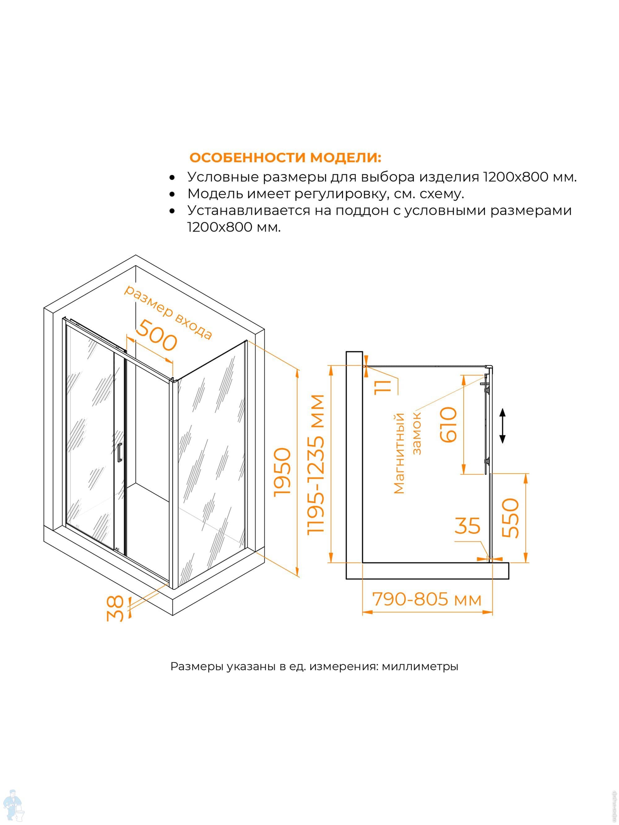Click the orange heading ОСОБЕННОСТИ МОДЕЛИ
click(285, 158)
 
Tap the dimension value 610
click(448, 425)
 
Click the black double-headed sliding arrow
click(503, 425)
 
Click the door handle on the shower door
click(119, 452)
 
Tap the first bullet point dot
click(172, 178)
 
